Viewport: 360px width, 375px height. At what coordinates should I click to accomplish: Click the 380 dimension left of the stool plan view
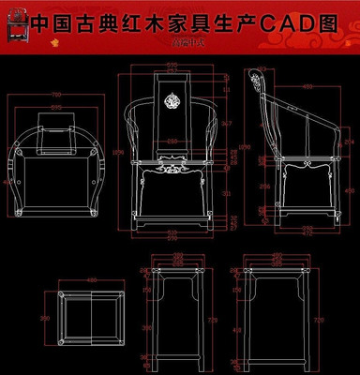coord(43,319)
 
